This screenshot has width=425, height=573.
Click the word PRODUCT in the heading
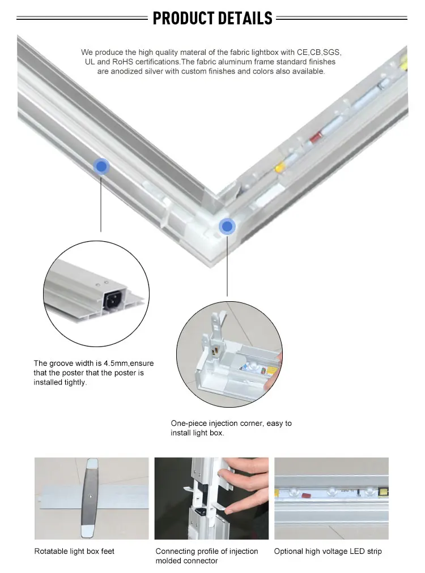183,18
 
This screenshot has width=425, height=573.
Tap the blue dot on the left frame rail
101,166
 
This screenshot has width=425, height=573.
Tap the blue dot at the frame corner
227,226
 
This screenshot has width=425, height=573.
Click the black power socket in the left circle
114,300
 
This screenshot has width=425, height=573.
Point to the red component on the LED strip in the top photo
315,138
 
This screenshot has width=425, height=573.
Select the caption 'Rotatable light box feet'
74,551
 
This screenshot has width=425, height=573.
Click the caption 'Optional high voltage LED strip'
328,551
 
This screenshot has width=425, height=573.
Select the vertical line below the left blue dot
101,203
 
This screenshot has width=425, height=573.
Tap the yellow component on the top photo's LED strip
280,168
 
